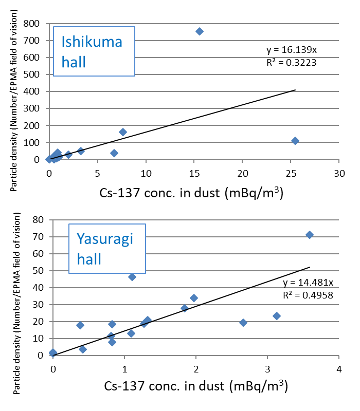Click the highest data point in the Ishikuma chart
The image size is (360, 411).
[x=200, y=31]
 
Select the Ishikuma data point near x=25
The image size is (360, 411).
[x=295, y=141]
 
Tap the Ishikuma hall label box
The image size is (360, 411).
[x=94, y=51]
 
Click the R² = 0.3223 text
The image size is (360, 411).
[x=291, y=62]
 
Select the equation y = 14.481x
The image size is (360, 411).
[x=307, y=283]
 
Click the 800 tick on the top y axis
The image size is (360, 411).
[x=34, y=24]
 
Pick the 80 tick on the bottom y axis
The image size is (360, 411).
[x=38, y=220]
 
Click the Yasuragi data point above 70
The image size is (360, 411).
[x=310, y=235]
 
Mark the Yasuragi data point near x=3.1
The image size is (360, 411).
[x=277, y=316]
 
